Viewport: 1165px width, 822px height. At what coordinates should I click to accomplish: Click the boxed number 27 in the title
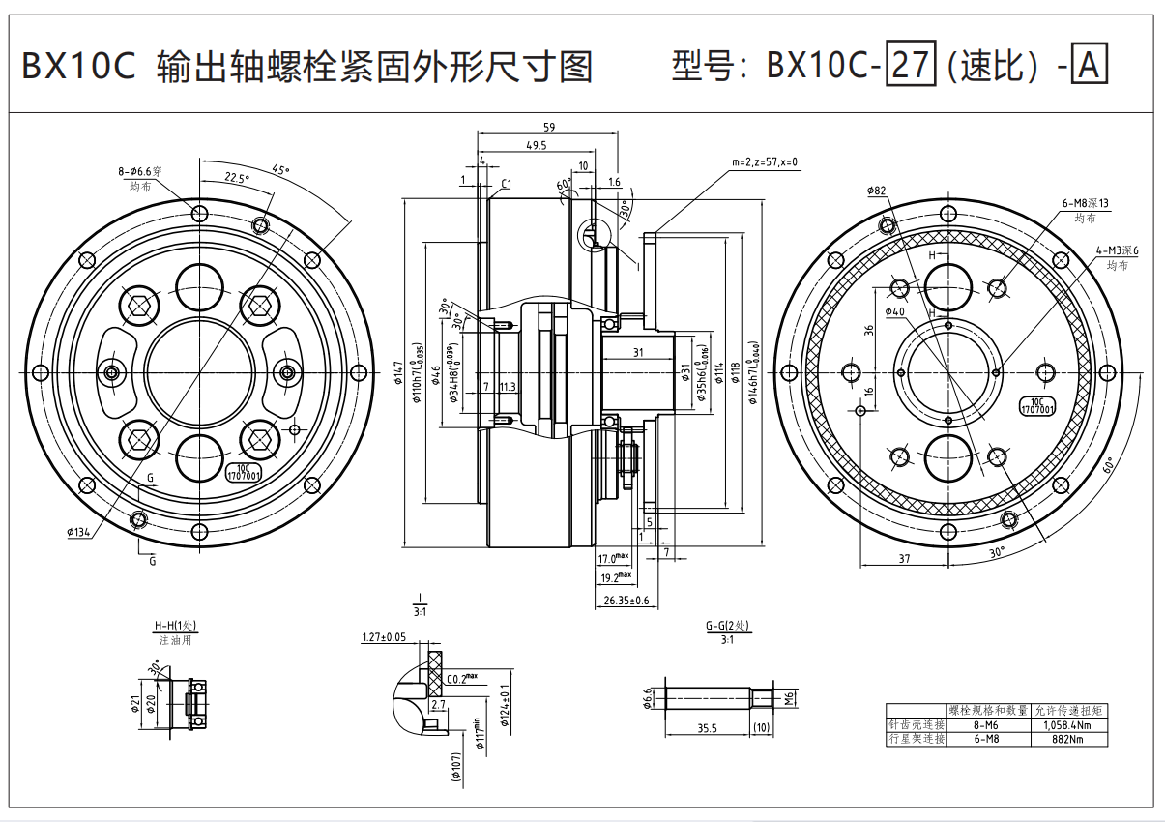point(911,66)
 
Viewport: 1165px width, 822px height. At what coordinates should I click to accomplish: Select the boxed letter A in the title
point(1090,66)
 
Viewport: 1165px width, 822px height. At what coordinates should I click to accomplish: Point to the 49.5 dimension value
point(537,145)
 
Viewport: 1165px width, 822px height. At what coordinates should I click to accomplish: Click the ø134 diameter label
point(79,532)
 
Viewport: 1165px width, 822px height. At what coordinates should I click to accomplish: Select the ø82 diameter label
point(877,191)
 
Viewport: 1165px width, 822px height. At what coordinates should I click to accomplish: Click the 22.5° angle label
point(237,178)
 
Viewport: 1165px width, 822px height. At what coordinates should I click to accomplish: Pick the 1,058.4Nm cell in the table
point(1069,724)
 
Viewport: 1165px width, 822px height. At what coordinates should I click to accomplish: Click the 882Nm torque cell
point(1069,739)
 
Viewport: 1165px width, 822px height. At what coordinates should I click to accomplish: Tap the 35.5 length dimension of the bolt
point(707,728)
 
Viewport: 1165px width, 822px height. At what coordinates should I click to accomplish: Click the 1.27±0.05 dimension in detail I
point(384,637)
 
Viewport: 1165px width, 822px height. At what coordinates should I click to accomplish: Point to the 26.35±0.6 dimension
point(626,601)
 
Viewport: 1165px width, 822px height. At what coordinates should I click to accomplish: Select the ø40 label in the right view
point(895,311)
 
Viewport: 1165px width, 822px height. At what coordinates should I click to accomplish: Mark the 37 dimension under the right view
point(903,558)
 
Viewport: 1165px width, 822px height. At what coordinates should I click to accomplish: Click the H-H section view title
point(175,626)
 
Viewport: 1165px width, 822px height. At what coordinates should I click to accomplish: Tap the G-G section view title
point(727,626)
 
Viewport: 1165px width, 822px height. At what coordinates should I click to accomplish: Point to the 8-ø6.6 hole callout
point(140,171)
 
